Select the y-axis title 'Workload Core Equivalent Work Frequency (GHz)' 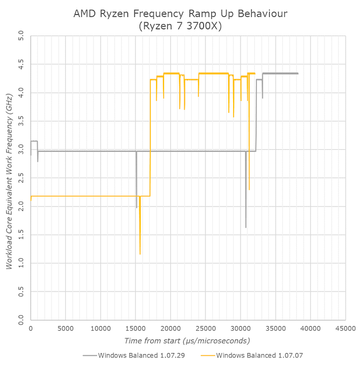[x=9, y=178]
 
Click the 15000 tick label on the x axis [x=135, y=329]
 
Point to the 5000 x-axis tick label [x=65, y=329]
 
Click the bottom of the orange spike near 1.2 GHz [x=140, y=254]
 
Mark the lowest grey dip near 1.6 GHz [x=246, y=227]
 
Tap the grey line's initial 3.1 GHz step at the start [x=33, y=141]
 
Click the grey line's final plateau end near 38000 [x=297, y=73]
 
